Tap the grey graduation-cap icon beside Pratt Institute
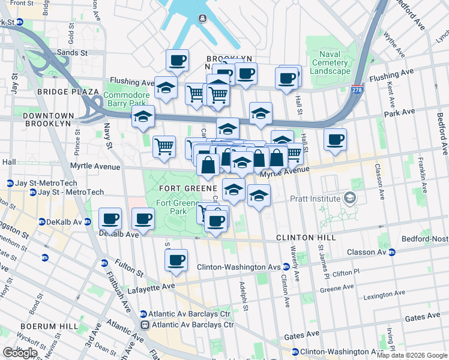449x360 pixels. pyautogui.click(x=349, y=197)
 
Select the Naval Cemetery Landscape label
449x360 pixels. pyautogui.click(x=330, y=62)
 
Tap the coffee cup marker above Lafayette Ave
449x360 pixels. pyautogui.click(x=176, y=260)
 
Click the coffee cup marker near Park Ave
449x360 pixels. pyautogui.click(x=335, y=140)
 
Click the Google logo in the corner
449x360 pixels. pyautogui.click(x=20, y=353)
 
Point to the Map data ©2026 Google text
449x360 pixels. pyautogui.click(x=411, y=355)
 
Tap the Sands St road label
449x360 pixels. pyautogui.click(x=72, y=53)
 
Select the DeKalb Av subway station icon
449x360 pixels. pyautogui.click(x=42, y=221)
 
